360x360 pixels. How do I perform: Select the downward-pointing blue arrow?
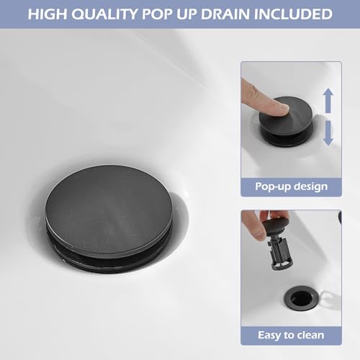(x=328, y=134)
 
